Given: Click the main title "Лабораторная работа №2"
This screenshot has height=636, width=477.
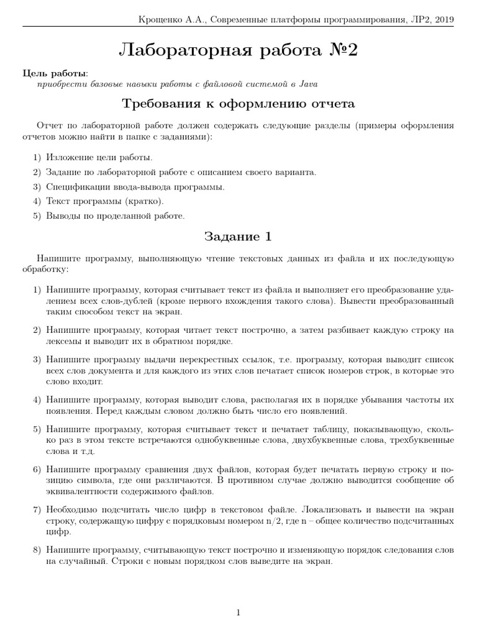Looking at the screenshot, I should tap(238, 52).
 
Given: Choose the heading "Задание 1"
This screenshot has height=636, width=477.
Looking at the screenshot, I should tap(238, 237).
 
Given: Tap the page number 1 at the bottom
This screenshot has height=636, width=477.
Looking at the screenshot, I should tap(238, 613).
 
